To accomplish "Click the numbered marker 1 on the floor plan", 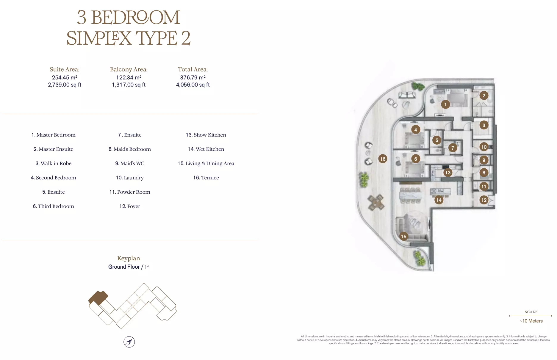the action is [x=445, y=104].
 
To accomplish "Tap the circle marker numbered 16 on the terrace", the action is [x=383, y=159].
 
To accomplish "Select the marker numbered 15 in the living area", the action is [x=403, y=237].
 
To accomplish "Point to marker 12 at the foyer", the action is [x=484, y=200].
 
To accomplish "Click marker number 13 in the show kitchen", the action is [x=448, y=173].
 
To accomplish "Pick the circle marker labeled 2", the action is [x=484, y=96].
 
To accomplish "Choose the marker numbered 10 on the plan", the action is [x=484, y=147].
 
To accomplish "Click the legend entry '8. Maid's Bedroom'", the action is [x=130, y=149].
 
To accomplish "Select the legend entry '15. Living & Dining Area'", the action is [x=206, y=163].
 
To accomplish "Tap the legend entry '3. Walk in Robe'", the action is [x=54, y=163].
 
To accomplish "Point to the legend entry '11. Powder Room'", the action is [x=130, y=192].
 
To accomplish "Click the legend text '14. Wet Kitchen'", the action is [x=206, y=149].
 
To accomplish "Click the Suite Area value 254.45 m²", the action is [x=65, y=77].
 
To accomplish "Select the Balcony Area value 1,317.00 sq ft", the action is [x=129, y=85].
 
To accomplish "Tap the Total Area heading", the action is [x=193, y=69].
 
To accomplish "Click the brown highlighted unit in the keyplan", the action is [x=98, y=298].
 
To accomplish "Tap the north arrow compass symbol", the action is [x=129, y=342].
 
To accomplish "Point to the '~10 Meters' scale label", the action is [x=531, y=321].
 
